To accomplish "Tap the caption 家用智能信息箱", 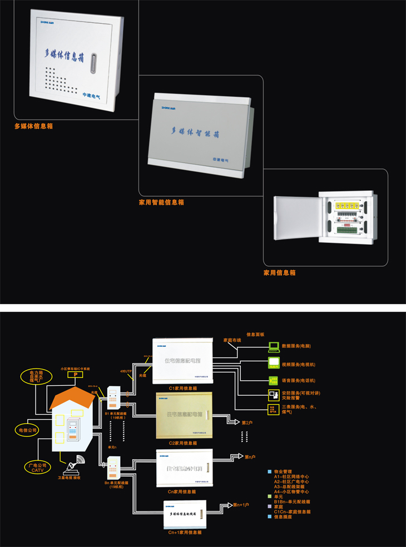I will (161, 202).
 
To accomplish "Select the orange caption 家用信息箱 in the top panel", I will (279, 273).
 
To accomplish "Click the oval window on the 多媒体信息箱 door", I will (93, 62).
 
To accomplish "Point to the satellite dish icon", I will (76, 463).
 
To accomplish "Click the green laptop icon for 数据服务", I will (274, 346).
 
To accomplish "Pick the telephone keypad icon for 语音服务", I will (274, 381).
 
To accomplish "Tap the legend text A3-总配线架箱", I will (291, 486).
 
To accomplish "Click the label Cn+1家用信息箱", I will (185, 532).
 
